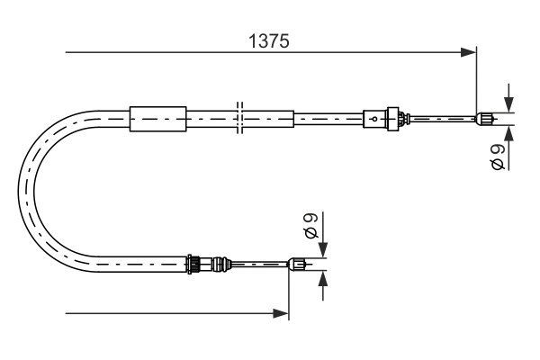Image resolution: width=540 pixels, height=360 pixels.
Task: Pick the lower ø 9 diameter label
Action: pyautogui.click(x=310, y=225)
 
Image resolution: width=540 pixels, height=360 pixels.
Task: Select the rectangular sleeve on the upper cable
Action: pyautogui.click(x=157, y=118)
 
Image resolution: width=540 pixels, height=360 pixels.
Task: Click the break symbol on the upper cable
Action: pyautogui.click(x=238, y=118)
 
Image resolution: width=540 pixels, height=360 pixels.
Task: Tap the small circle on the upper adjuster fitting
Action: pyautogui.click(x=374, y=117)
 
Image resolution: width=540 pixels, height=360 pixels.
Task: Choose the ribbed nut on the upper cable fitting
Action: pyautogui.click(x=392, y=117)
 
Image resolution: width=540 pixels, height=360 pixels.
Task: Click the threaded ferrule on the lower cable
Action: pyautogui.click(x=193, y=264)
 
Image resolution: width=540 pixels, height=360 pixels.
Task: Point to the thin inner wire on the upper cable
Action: pyautogui.click(x=441, y=117)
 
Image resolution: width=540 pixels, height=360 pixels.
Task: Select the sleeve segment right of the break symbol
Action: pyautogui.click(x=268, y=118)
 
